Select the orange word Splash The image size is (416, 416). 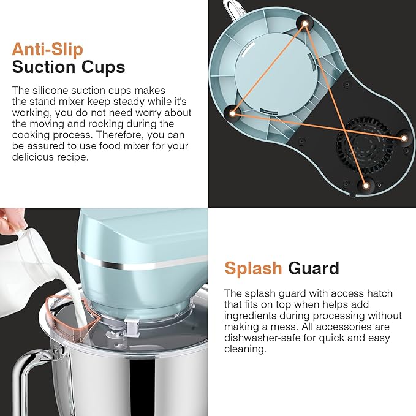pos(252,268)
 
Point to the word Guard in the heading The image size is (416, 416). pos(313,268)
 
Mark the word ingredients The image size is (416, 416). pos(253,315)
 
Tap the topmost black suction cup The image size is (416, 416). pos(304,23)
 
